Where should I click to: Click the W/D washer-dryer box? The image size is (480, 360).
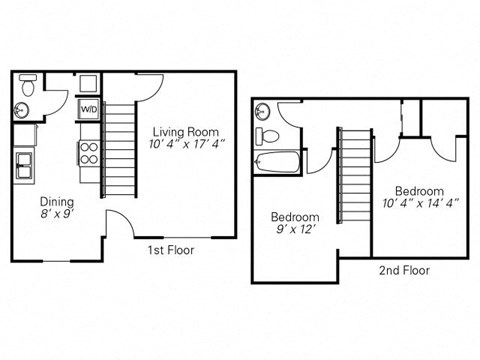[88, 109]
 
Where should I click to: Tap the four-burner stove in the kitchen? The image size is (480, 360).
[88, 152]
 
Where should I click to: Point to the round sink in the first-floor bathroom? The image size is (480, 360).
[22, 109]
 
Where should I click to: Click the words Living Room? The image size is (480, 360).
[185, 130]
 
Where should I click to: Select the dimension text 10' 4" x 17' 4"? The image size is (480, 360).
[185, 145]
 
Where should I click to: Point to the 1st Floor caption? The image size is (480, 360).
[172, 250]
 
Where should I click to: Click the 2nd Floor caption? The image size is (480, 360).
[403, 270]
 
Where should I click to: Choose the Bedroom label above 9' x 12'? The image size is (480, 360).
[295, 217]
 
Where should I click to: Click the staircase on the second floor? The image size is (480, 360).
[353, 175]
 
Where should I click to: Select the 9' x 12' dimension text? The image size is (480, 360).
[295, 230]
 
